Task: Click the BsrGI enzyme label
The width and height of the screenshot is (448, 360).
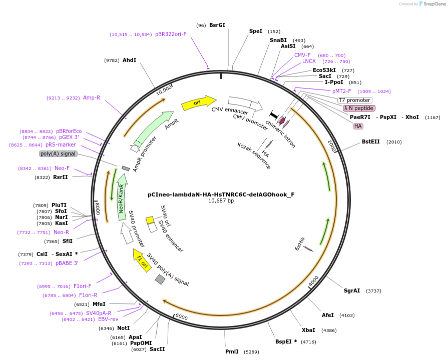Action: click(217, 25)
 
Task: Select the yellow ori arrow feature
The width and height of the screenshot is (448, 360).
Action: click(198, 102)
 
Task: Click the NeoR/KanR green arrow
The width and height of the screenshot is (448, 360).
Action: click(121, 194)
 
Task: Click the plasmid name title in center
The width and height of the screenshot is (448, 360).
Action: click(221, 195)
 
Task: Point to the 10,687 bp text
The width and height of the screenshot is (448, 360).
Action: click(221, 201)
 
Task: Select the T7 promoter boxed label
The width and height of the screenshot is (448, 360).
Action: click(355, 100)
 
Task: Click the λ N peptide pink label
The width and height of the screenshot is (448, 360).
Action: click(359, 108)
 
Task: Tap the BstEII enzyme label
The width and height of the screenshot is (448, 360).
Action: click(371, 142)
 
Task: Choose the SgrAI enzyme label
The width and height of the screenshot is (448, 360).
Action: click(352, 290)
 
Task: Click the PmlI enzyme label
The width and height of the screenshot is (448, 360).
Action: click(232, 351)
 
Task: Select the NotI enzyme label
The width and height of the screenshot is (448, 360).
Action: click(123, 328)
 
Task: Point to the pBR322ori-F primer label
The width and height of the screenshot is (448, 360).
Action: click(171, 34)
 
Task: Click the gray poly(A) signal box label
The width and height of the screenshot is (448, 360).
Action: click(58, 154)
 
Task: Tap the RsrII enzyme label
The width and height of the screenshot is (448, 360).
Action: click(61, 177)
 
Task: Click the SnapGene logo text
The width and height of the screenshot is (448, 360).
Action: click(432, 4)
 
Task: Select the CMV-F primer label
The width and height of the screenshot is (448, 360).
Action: click(302, 55)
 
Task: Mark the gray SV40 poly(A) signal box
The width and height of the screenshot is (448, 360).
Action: click(160, 279)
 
